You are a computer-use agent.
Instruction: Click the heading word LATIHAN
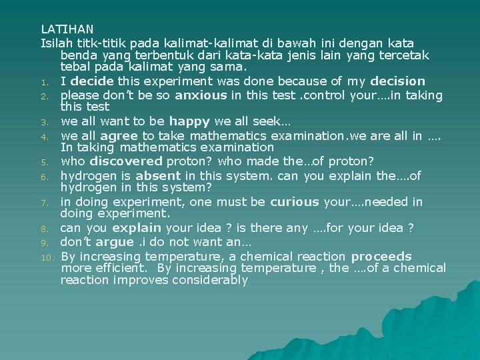tap(67, 29)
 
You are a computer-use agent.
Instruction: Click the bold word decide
tap(91, 82)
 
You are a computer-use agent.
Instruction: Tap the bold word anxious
tap(201, 95)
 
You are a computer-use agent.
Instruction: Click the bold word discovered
tap(126, 161)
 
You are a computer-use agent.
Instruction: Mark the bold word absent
tap(157, 176)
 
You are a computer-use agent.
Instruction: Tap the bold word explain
tap(137, 229)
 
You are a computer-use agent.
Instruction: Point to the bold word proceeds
tap(381, 257)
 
